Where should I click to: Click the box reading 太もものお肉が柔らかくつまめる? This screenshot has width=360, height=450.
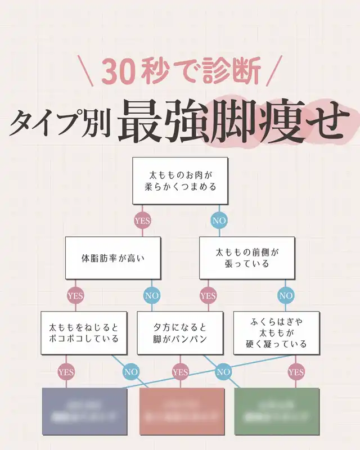pyautogui.click(x=181, y=181)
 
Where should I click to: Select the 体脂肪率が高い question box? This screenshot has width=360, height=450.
pyautogui.click(x=113, y=258)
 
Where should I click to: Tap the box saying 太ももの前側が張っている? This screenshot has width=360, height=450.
pyautogui.click(x=247, y=258)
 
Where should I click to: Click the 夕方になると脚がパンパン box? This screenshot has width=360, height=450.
pyautogui.click(x=181, y=332)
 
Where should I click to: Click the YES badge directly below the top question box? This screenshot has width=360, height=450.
pyautogui.click(x=142, y=220)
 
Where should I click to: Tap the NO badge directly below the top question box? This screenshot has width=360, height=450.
pyautogui.click(x=219, y=220)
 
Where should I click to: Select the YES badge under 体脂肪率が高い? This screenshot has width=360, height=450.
pyautogui.click(x=75, y=295)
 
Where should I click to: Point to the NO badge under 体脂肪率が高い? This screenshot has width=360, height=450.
pyautogui.click(x=152, y=295)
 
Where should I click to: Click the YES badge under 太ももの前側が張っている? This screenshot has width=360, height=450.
pyautogui.click(x=208, y=295)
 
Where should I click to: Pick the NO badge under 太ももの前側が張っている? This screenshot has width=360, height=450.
pyautogui.click(x=286, y=295)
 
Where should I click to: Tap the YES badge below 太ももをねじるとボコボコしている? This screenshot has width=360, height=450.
pyautogui.click(x=66, y=371)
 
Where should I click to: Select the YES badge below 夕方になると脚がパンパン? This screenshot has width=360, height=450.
pyautogui.click(x=180, y=371)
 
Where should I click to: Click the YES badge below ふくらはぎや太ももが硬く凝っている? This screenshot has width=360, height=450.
pyautogui.click(x=296, y=371)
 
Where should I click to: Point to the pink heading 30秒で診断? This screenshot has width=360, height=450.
pyautogui.click(x=181, y=73)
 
